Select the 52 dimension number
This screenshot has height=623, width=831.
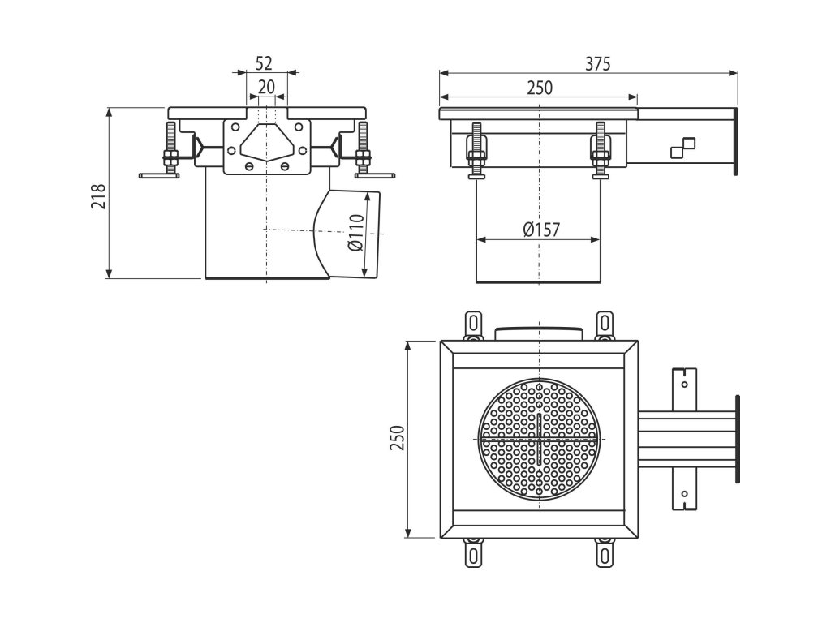pos(263,63)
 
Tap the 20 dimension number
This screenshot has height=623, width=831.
pos(266,87)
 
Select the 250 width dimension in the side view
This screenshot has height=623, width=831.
pos(540,88)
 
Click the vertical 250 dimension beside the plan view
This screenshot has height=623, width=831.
pos(397,439)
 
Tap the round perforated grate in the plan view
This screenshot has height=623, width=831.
pos(540,438)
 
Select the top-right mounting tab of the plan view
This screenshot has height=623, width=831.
pos(604,323)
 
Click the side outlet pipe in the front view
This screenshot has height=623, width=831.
pos(348,234)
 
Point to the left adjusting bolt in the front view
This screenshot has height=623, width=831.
pos(170,150)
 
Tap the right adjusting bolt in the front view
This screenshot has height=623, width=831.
pos(362,150)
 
